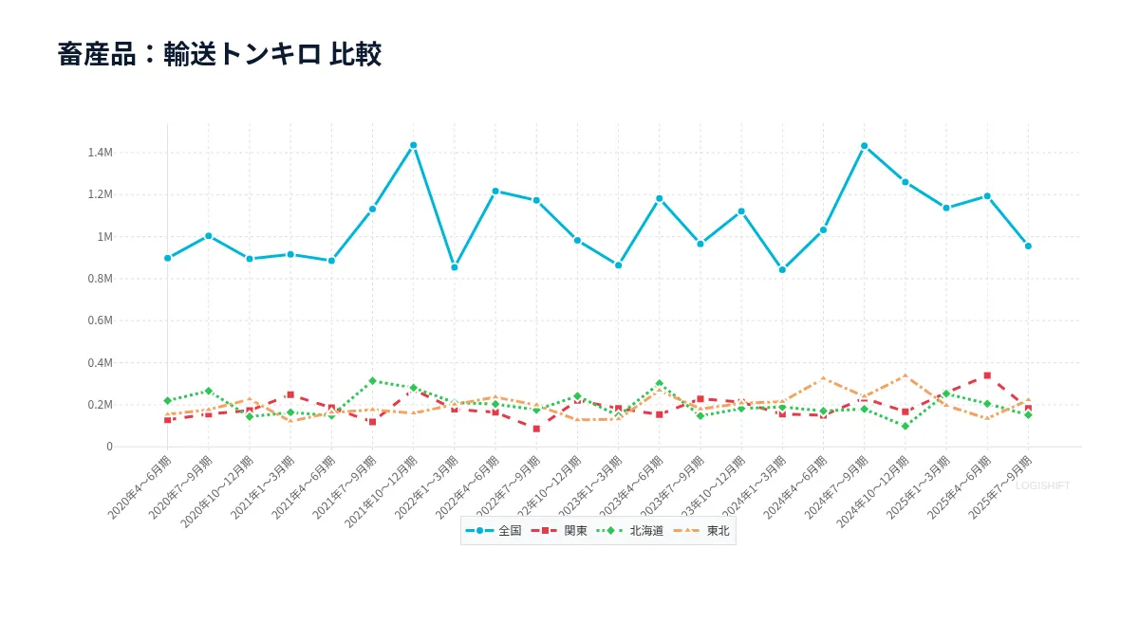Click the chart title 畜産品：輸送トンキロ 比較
[x=219, y=54]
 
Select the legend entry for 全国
[x=495, y=531]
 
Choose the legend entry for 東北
[x=703, y=531]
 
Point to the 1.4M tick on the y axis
[x=100, y=153]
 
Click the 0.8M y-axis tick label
[x=100, y=279]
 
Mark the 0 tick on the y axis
[x=109, y=447]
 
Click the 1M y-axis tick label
[x=103, y=237]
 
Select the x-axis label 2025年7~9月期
[x=1001, y=485]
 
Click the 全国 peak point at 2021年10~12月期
[x=413, y=145]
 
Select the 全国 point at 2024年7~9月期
[x=864, y=146]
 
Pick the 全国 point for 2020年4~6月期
[x=168, y=258]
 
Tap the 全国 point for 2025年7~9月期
[x=1028, y=246]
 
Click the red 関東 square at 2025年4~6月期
[x=987, y=375]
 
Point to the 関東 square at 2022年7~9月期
[x=536, y=429]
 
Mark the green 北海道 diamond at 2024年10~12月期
[x=905, y=426]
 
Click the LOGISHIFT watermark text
[x=1042, y=485]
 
